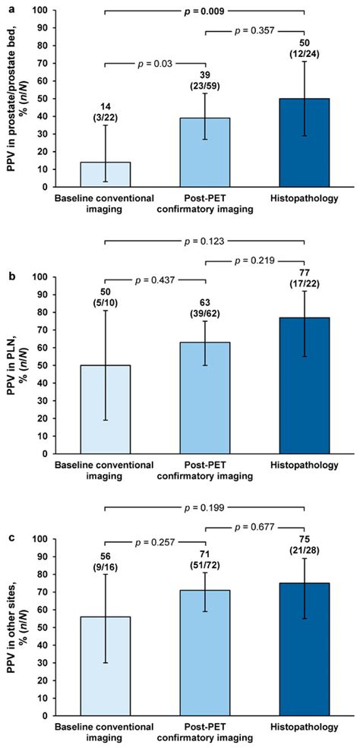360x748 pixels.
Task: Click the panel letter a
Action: (x=6, y=7)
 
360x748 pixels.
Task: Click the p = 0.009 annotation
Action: (x=204, y=11)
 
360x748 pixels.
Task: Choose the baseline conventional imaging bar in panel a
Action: (x=106, y=174)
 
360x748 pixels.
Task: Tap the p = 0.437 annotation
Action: (x=155, y=280)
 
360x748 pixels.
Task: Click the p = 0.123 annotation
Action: (x=204, y=262)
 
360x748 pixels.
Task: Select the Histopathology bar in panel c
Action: (x=304, y=649)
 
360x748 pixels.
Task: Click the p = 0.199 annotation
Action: (x=204, y=507)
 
